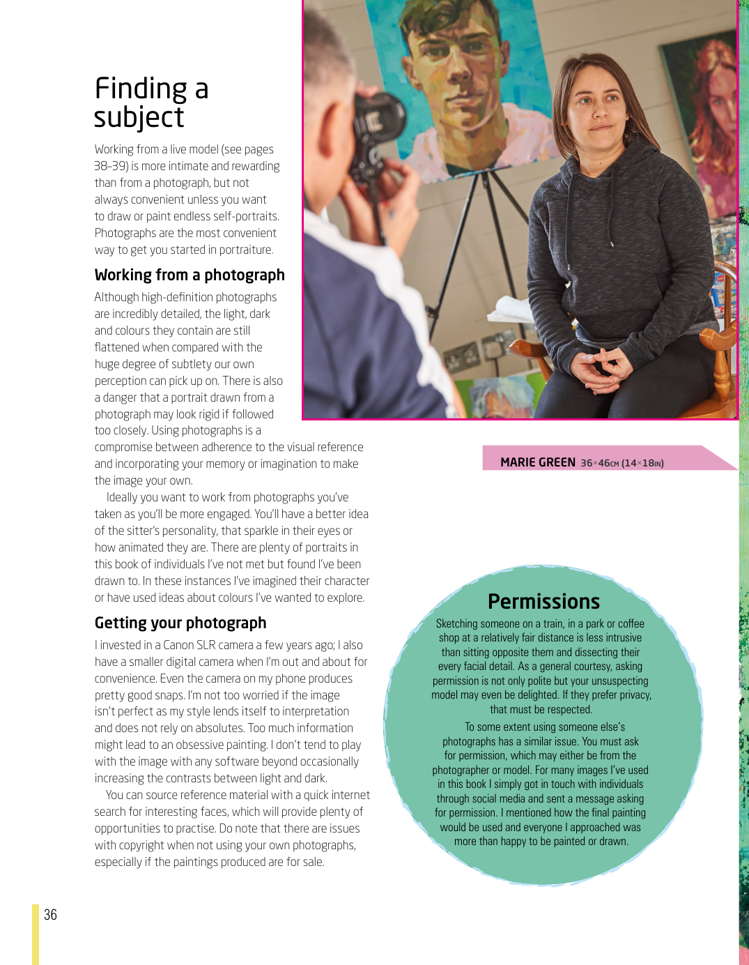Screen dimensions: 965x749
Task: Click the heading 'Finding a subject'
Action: (x=151, y=102)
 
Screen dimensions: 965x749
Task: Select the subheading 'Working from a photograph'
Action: (x=190, y=275)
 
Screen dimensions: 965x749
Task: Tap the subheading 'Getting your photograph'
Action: (x=180, y=623)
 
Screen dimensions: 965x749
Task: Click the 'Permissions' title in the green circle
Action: (x=543, y=601)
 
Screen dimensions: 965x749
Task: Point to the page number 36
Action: (x=51, y=915)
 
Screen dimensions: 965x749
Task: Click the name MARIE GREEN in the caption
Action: (x=538, y=462)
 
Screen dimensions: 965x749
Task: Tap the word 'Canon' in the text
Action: (x=178, y=645)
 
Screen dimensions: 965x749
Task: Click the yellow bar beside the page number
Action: (x=36, y=934)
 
